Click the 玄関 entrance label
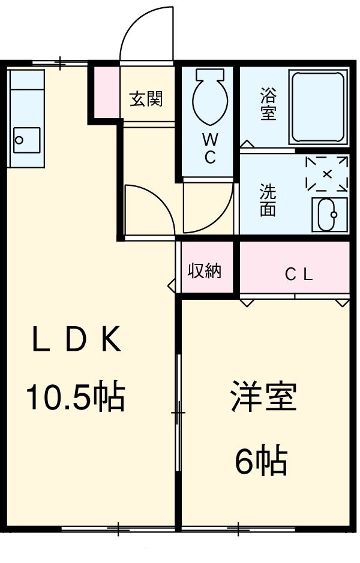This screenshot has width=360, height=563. tap(146, 98)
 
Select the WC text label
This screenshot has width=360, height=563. tap(210, 149)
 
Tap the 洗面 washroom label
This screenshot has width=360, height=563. tap(268, 200)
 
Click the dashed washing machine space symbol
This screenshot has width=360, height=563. tap(326, 173)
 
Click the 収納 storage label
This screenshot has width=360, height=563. tap(205, 271)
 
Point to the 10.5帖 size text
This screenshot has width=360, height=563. tap(75, 396)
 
